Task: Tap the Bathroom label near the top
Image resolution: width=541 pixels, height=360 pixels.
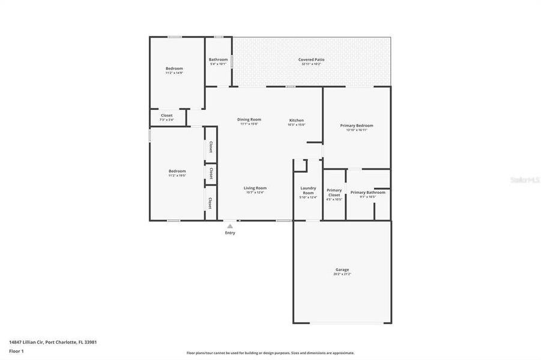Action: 218,59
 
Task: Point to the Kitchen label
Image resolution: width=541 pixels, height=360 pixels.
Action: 297,120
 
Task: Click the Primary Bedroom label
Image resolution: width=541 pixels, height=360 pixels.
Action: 357,125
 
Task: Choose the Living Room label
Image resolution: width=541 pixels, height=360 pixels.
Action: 255,188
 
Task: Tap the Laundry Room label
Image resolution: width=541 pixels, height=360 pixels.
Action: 308,190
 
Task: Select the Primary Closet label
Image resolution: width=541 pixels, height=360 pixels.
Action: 334,193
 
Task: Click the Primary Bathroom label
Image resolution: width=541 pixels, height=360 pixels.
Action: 367,192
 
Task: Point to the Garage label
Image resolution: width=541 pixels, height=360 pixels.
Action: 342,269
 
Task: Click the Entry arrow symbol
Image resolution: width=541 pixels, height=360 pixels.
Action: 229,226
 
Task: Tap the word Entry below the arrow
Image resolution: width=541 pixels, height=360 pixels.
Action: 230,233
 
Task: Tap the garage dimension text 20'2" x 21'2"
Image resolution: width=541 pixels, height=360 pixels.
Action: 342,274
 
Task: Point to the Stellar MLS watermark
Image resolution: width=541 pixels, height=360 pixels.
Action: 525,179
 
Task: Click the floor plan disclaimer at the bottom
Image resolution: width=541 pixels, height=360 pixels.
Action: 270,353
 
